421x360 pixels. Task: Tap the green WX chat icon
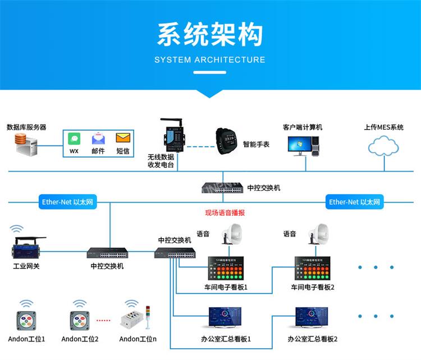point(74,138)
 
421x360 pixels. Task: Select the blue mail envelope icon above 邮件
point(98,138)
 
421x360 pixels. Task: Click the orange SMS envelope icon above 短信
point(122,138)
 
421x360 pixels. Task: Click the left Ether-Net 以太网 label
point(67,202)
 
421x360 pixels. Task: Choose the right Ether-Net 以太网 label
point(355,202)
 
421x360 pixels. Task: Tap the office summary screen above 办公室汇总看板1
point(228,318)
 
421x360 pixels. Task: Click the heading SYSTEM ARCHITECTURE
point(210,60)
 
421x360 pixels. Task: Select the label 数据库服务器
point(26,127)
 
